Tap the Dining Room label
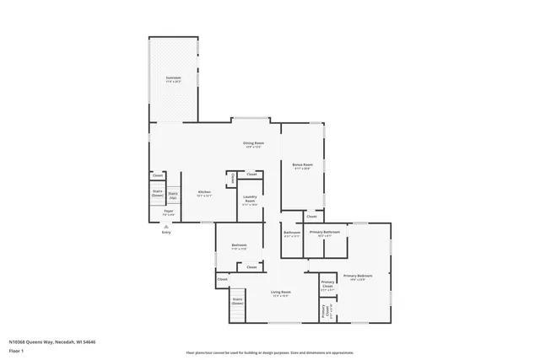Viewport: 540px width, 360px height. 254,145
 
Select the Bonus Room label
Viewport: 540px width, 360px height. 303,166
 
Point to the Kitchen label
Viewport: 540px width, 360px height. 204,193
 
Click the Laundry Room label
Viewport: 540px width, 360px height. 250,201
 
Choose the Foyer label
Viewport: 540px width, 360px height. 169,212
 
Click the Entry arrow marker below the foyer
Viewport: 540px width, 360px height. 166,228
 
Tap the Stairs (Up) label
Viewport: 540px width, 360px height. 173,195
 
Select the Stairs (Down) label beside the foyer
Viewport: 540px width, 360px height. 157,193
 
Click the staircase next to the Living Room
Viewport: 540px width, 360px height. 237,311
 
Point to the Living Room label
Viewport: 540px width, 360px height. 280,294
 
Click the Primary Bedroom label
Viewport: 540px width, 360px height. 358,277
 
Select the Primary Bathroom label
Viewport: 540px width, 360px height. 325,234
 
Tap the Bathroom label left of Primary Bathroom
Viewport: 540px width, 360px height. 292,234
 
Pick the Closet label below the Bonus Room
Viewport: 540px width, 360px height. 311,217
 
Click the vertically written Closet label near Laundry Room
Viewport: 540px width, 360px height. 232,179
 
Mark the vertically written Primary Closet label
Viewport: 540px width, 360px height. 325,311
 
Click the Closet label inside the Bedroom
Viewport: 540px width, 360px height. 251,266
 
